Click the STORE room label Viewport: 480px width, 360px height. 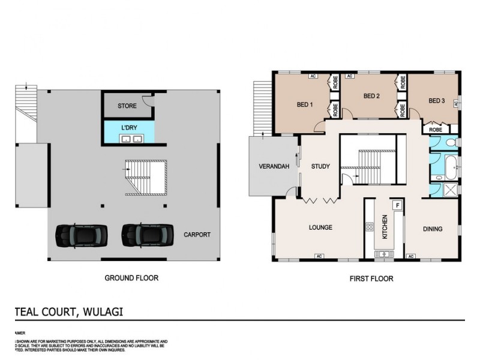tap(127, 106)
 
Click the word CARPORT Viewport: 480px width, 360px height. tap(197, 235)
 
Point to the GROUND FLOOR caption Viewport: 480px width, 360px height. tap(131, 278)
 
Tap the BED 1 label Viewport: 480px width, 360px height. tap(305, 104)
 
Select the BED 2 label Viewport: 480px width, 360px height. tap(371, 96)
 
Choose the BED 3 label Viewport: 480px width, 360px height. tap(436, 101)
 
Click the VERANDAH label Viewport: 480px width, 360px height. tap(274, 166)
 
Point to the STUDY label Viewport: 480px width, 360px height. tap(320, 166)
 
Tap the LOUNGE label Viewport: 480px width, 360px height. tap(320, 228)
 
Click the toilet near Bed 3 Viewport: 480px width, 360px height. tap(452, 143)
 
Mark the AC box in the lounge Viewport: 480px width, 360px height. tap(319, 257)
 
